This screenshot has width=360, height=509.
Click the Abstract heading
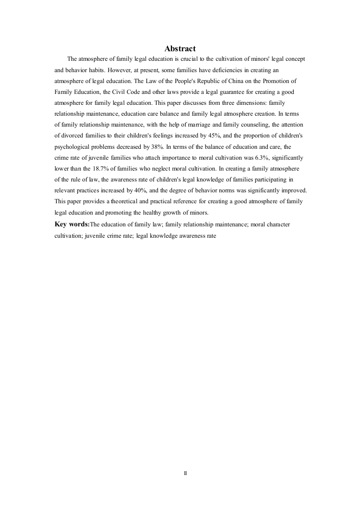(x=180, y=49)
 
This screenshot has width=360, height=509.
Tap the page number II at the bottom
(x=185, y=473)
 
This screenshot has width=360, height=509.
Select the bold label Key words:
(x=72, y=224)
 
